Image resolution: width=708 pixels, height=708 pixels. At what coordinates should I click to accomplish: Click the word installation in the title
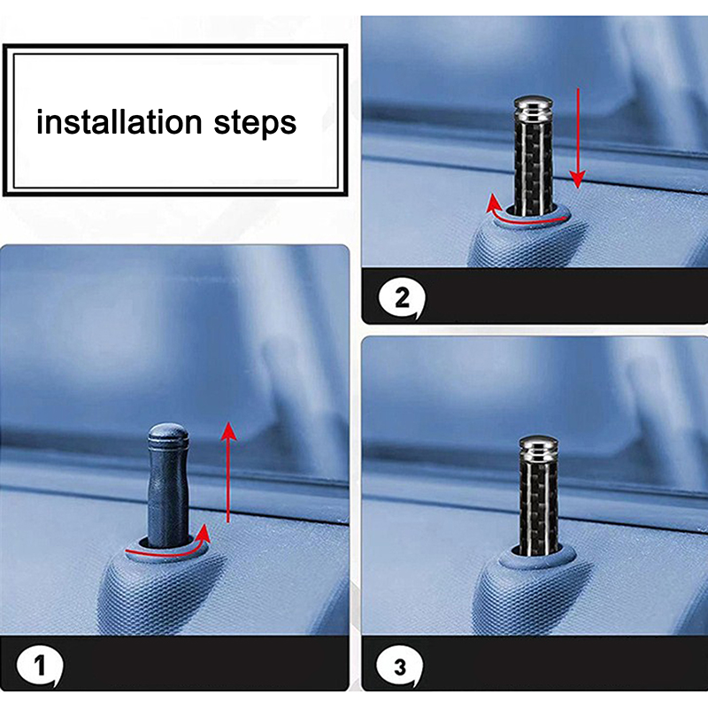click(119, 122)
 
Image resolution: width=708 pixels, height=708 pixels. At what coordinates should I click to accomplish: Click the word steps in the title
click(255, 123)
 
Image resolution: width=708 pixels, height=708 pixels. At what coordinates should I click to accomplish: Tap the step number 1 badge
click(39, 666)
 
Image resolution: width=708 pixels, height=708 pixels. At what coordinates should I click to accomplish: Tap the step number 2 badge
click(402, 298)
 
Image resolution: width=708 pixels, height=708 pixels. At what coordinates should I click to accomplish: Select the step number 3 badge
click(400, 667)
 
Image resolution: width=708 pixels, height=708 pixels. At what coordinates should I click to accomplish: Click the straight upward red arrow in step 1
click(229, 473)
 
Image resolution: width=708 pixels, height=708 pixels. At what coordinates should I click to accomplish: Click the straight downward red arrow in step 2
click(578, 138)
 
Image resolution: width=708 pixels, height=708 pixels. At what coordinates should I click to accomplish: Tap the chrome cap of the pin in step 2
click(533, 108)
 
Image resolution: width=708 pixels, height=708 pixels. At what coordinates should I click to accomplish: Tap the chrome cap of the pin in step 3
click(538, 448)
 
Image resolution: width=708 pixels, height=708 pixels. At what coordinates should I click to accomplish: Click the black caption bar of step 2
click(535, 296)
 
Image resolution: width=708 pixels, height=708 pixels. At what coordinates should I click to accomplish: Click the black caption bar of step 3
click(535, 663)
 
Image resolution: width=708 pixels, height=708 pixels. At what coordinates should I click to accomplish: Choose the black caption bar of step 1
click(174, 663)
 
